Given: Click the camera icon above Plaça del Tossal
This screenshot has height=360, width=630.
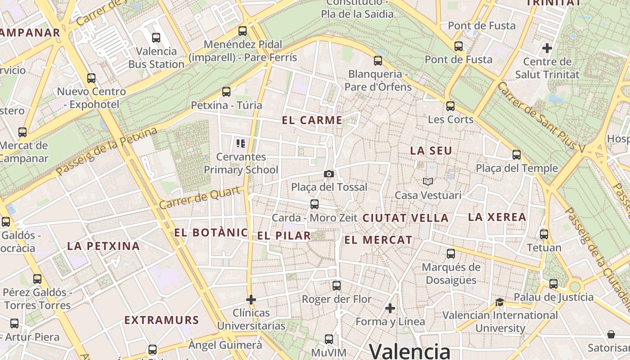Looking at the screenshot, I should [329, 174].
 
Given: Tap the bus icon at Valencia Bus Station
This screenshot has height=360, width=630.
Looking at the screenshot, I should [156, 38].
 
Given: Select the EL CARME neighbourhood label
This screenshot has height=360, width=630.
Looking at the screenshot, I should [312, 120].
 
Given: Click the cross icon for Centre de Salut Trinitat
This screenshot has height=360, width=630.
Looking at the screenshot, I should [547, 48].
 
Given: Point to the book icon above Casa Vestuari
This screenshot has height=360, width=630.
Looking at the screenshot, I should [427, 181].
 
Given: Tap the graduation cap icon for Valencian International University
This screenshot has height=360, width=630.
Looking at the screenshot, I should [499, 302].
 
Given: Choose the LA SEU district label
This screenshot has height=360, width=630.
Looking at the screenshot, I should [431, 151].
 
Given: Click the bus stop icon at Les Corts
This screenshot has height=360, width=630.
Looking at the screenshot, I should [450, 106].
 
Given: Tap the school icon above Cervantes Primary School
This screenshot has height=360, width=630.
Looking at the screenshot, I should [241, 144].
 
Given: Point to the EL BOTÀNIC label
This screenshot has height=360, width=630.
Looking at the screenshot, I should [211, 233].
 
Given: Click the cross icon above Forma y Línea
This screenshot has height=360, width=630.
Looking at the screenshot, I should [390, 308].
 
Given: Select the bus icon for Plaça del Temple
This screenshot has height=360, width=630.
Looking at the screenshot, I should [517, 155].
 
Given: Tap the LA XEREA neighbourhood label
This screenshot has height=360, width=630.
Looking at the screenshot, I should [497, 217].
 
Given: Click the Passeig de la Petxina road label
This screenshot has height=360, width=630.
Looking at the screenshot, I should [106, 152].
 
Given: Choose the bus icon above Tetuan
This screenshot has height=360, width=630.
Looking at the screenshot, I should [544, 234].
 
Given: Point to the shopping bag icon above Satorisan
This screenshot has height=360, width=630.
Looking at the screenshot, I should [611, 334].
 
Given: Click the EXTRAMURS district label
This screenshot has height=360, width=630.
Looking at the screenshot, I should [162, 320].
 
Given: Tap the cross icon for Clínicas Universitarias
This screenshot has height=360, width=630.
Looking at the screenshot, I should [251, 299].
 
